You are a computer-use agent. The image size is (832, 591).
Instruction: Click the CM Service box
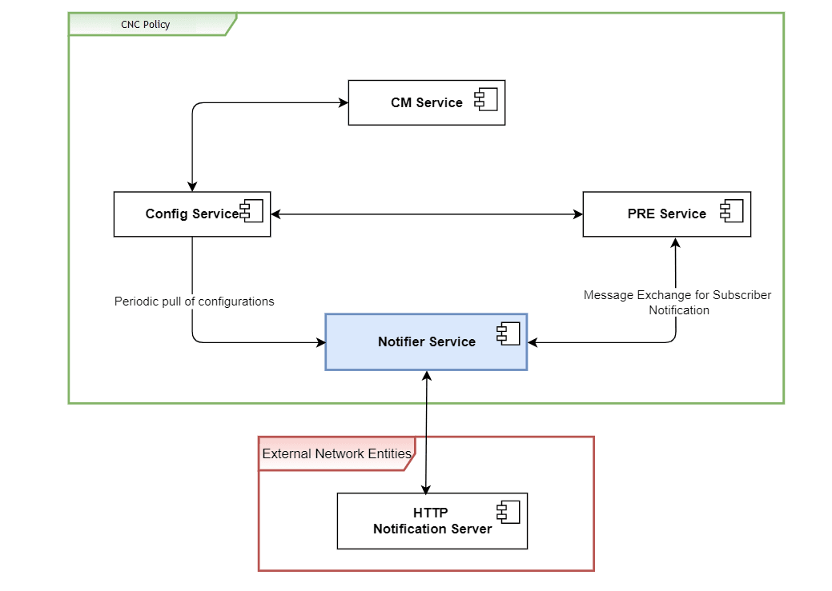pyautogui.click(x=426, y=102)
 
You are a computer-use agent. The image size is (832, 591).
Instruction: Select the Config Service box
pyautogui.click(x=191, y=214)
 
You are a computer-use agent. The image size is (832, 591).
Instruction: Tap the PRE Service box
pyautogui.click(x=666, y=214)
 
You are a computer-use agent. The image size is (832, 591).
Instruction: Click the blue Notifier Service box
pyautogui.click(x=426, y=341)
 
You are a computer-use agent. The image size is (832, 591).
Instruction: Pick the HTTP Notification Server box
pyautogui.click(x=432, y=521)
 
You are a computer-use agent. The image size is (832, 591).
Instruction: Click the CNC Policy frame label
pyautogui.click(x=146, y=25)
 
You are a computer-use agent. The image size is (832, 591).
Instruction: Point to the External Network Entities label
pyautogui.click(x=336, y=453)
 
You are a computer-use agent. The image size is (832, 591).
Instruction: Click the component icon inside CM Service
pyautogui.click(x=486, y=100)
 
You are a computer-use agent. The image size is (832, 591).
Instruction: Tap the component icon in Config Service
pyautogui.click(x=251, y=212)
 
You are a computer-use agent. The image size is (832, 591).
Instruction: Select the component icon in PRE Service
pyautogui.click(x=732, y=211)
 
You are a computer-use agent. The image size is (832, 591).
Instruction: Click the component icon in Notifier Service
pyautogui.click(x=508, y=334)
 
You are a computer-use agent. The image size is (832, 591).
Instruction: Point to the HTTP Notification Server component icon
pyautogui.click(x=508, y=512)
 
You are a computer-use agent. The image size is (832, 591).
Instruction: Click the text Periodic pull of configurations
pyautogui.click(x=194, y=301)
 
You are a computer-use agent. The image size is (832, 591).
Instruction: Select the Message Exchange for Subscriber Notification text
pyautogui.click(x=677, y=302)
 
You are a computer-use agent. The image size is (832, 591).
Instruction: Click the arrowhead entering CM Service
pyautogui.click(x=343, y=102)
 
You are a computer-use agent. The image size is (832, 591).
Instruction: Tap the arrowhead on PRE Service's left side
pyautogui.click(x=577, y=214)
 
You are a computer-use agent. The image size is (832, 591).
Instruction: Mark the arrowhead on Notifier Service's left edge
pyautogui.click(x=320, y=342)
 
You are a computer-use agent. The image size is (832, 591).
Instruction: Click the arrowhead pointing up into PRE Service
pyautogui.click(x=676, y=242)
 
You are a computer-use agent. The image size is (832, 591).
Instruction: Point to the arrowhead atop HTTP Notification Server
pyautogui.click(x=426, y=488)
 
